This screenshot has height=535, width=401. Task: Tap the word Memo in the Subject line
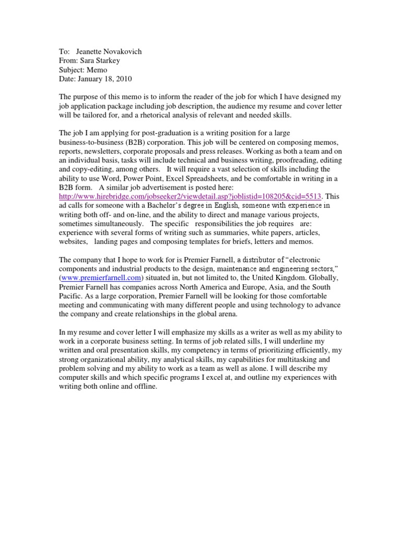pos(98,70)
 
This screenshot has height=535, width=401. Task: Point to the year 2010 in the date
pos(124,79)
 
